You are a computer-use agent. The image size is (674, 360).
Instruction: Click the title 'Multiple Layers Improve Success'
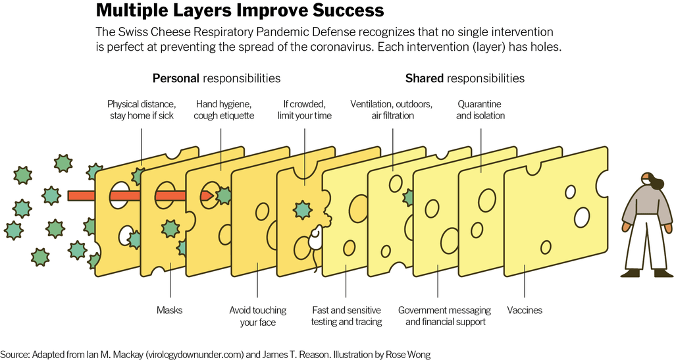coord(240,11)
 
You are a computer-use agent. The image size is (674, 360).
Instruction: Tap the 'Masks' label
coord(169,310)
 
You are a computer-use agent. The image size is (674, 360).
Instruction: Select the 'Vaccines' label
coord(525,310)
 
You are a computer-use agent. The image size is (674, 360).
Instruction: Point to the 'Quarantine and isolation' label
coord(480,110)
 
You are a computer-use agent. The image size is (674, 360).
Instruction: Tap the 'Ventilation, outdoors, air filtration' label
coord(391,110)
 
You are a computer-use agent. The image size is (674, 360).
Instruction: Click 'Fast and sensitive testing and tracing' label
coord(346,316)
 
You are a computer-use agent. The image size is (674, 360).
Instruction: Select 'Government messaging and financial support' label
coord(444,316)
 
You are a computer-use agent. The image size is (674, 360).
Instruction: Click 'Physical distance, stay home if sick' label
coord(142,110)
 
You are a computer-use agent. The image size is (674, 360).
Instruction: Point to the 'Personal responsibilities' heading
coord(217,78)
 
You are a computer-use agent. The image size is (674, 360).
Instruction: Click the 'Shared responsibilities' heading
coord(465,78)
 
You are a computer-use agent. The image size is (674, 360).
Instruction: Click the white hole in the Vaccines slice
coord(583,216)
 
